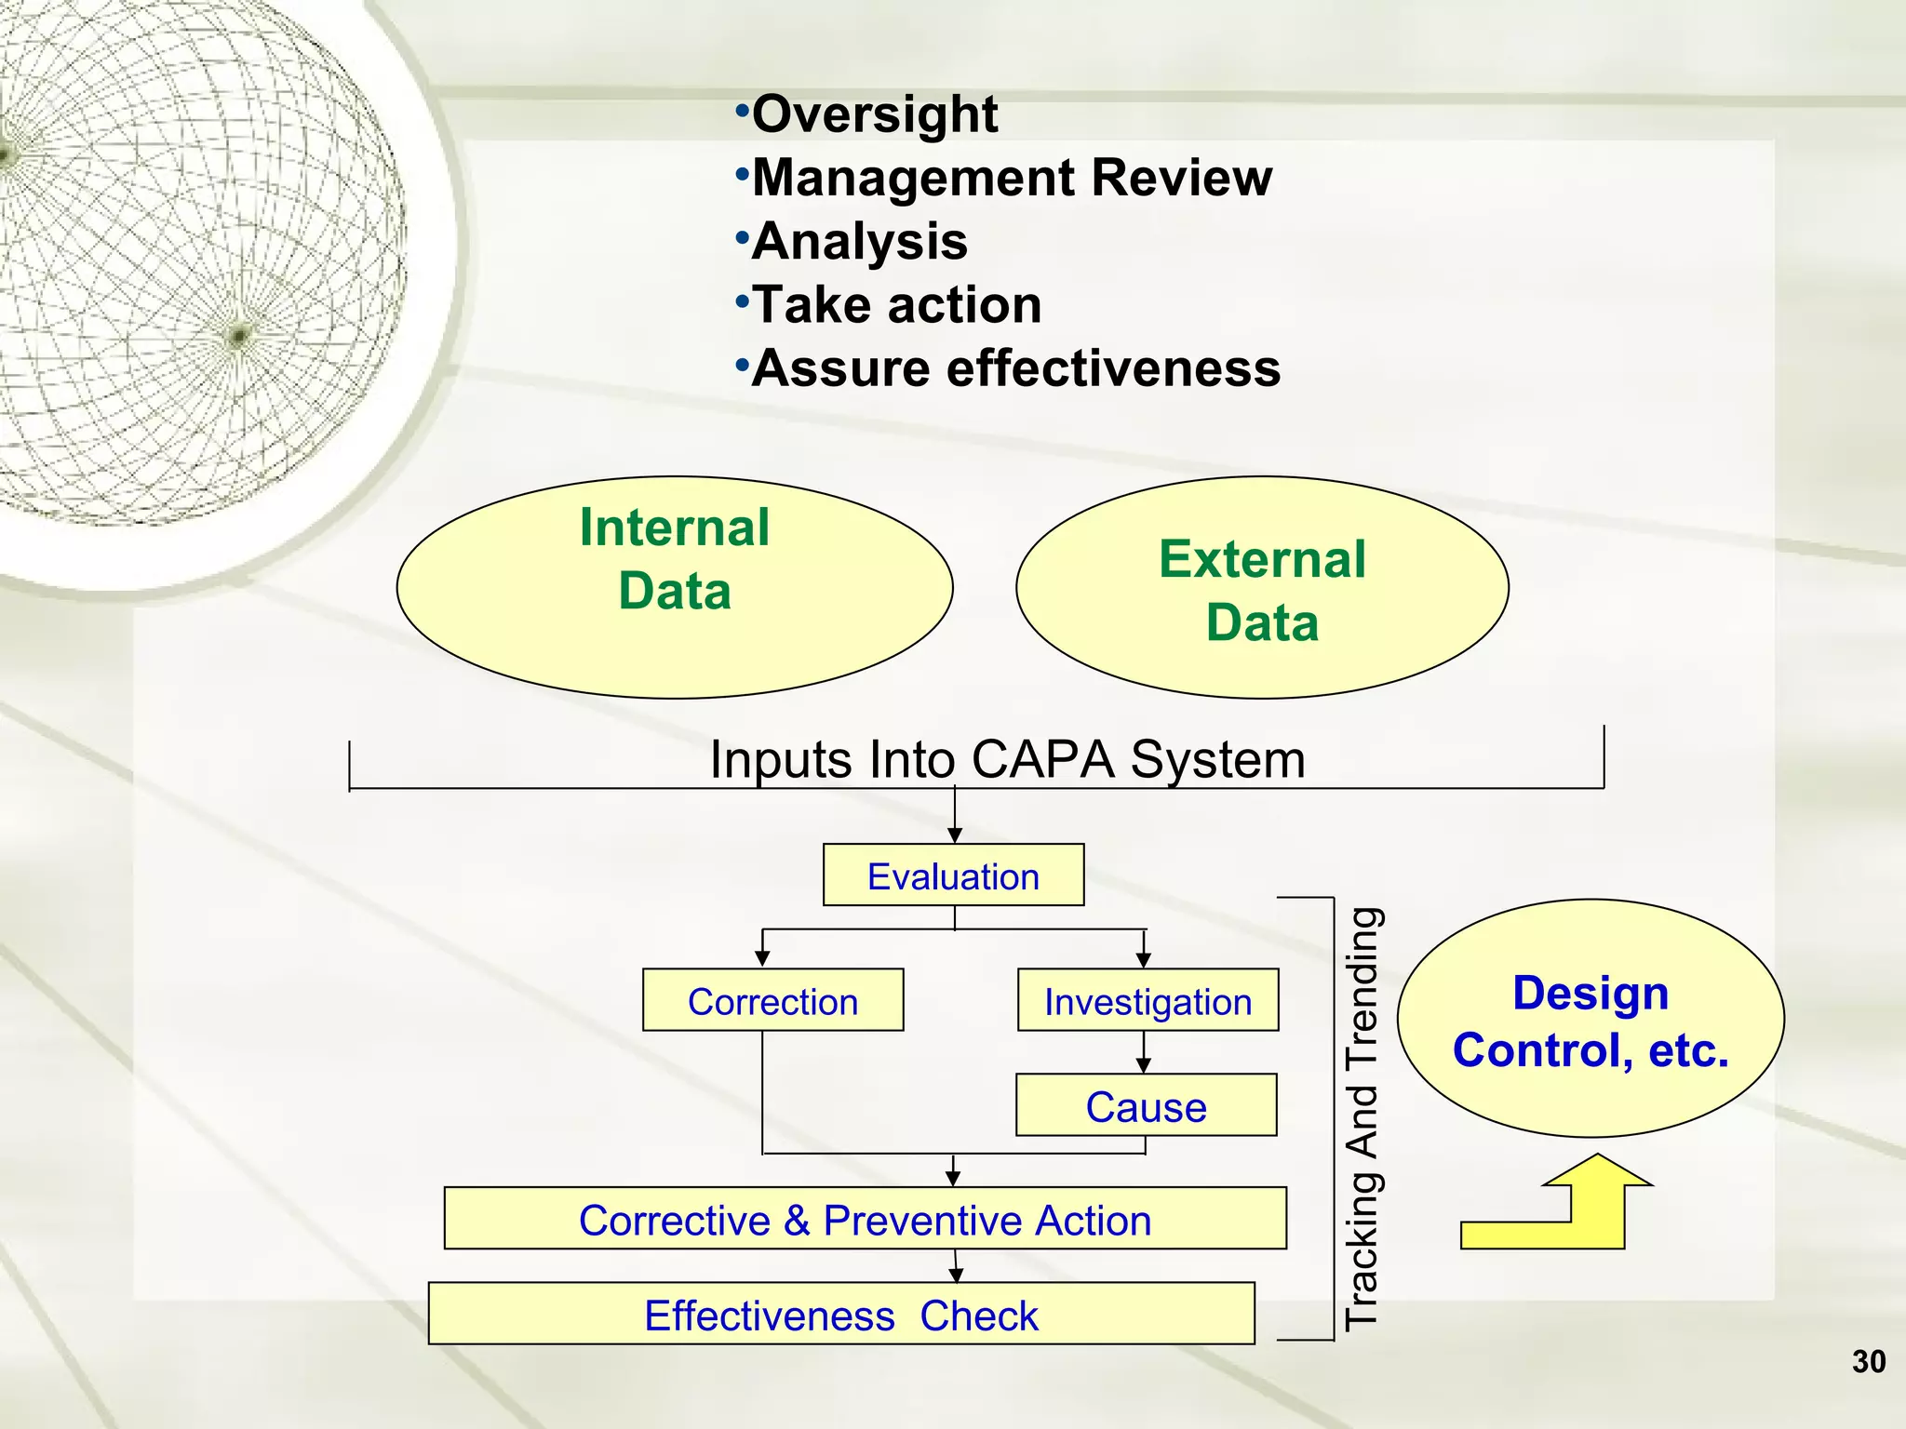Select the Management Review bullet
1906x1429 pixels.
click(1011, 178)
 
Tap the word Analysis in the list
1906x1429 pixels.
click(859, 242)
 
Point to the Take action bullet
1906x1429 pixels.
click(896, 305)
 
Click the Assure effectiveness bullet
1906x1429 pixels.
click(1015, 368)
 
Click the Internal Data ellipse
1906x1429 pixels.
click(675, 587)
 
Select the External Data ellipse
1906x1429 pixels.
click(1262, 587)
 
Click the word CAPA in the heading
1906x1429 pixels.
click(1041, 759)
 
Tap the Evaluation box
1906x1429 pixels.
click(953, 875)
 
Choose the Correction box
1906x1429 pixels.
click(772, 1000)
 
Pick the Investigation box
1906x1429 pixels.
click(1148, 1000)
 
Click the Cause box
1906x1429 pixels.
click(1146, 1105)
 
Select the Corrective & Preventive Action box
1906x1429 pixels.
click(865, 1219)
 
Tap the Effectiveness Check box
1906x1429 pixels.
click(840, 1314)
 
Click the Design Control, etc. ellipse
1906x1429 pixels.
click(1590, 1019)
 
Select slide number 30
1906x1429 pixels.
click(1868, 1361)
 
